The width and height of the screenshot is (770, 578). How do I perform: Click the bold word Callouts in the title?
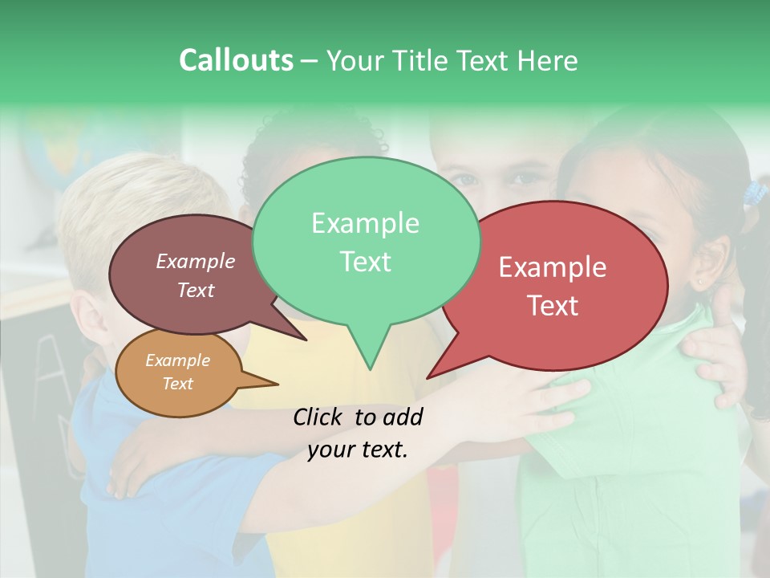click(236, 60)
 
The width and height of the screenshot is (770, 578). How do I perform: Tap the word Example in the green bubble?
click(365, 223)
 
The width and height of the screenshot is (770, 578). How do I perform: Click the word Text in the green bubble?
click(365, 261)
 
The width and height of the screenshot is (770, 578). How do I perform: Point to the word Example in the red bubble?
click(553, 267)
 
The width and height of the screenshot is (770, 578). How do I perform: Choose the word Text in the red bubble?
click(553, 305)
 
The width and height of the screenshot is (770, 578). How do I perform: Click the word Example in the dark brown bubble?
click(195, 261)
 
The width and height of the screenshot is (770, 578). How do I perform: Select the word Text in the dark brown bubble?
click(195, 290)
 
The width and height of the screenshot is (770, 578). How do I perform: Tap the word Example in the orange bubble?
click(177, 360)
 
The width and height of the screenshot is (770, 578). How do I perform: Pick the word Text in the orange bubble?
click(177, 383)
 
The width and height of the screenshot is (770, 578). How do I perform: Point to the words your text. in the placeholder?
click(357, 450)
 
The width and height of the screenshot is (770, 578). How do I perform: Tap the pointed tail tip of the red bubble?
click(428, 377)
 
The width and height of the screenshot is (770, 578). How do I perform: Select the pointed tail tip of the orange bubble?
click(277, 383)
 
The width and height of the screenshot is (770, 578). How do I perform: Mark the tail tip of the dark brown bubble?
click(306, 340)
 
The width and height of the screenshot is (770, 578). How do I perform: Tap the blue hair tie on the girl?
click(754, 193)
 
